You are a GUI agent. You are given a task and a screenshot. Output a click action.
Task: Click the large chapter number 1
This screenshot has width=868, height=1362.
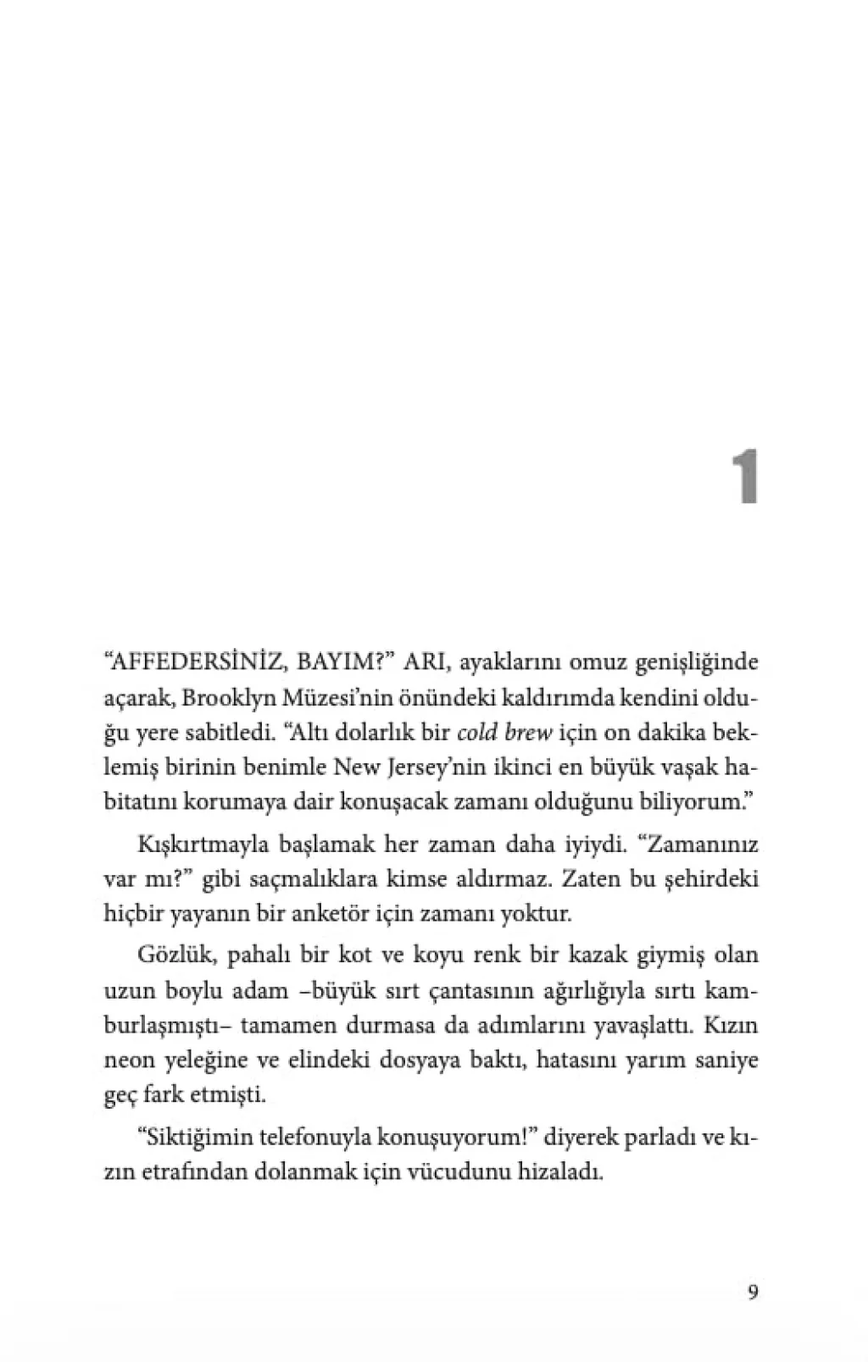(x=744, y=478)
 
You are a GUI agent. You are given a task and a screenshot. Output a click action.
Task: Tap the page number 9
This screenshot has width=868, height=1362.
(x=752, y=1292)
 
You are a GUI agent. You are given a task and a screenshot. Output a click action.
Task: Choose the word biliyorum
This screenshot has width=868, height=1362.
(x=691, y=802)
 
